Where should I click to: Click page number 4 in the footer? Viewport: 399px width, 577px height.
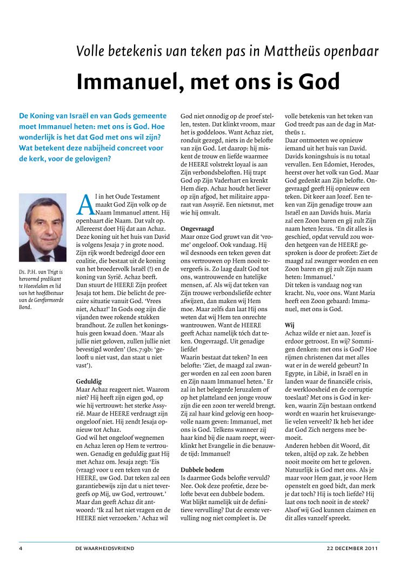click(x=21, y=548)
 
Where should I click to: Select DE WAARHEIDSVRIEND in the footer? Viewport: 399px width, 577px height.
click(x=105, y=548)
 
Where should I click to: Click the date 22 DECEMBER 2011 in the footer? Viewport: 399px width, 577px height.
click(x=353, y=548)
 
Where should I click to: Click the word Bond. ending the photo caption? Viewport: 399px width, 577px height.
click(x=25, y=307)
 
